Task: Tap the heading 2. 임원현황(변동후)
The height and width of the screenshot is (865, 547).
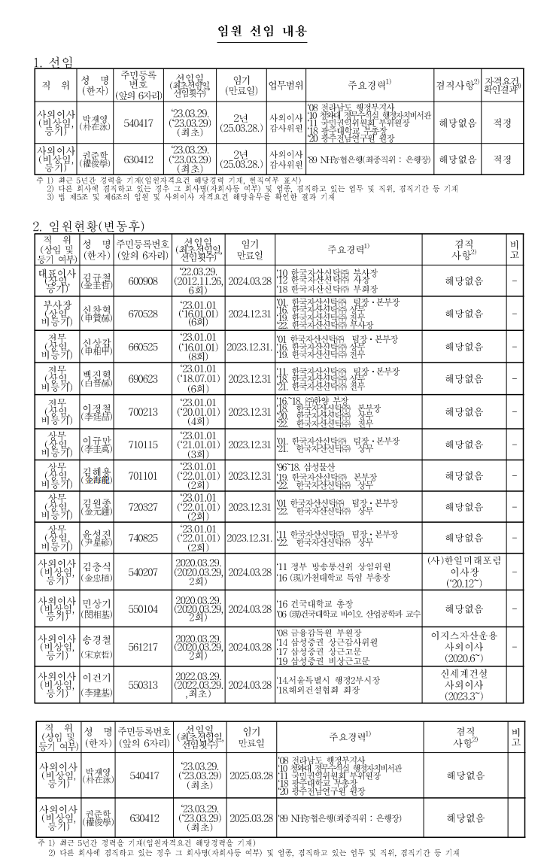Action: pyautogui.click(x=88, y=226)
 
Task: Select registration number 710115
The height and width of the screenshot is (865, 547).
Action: pyautogui.click(x=143, y=444)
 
